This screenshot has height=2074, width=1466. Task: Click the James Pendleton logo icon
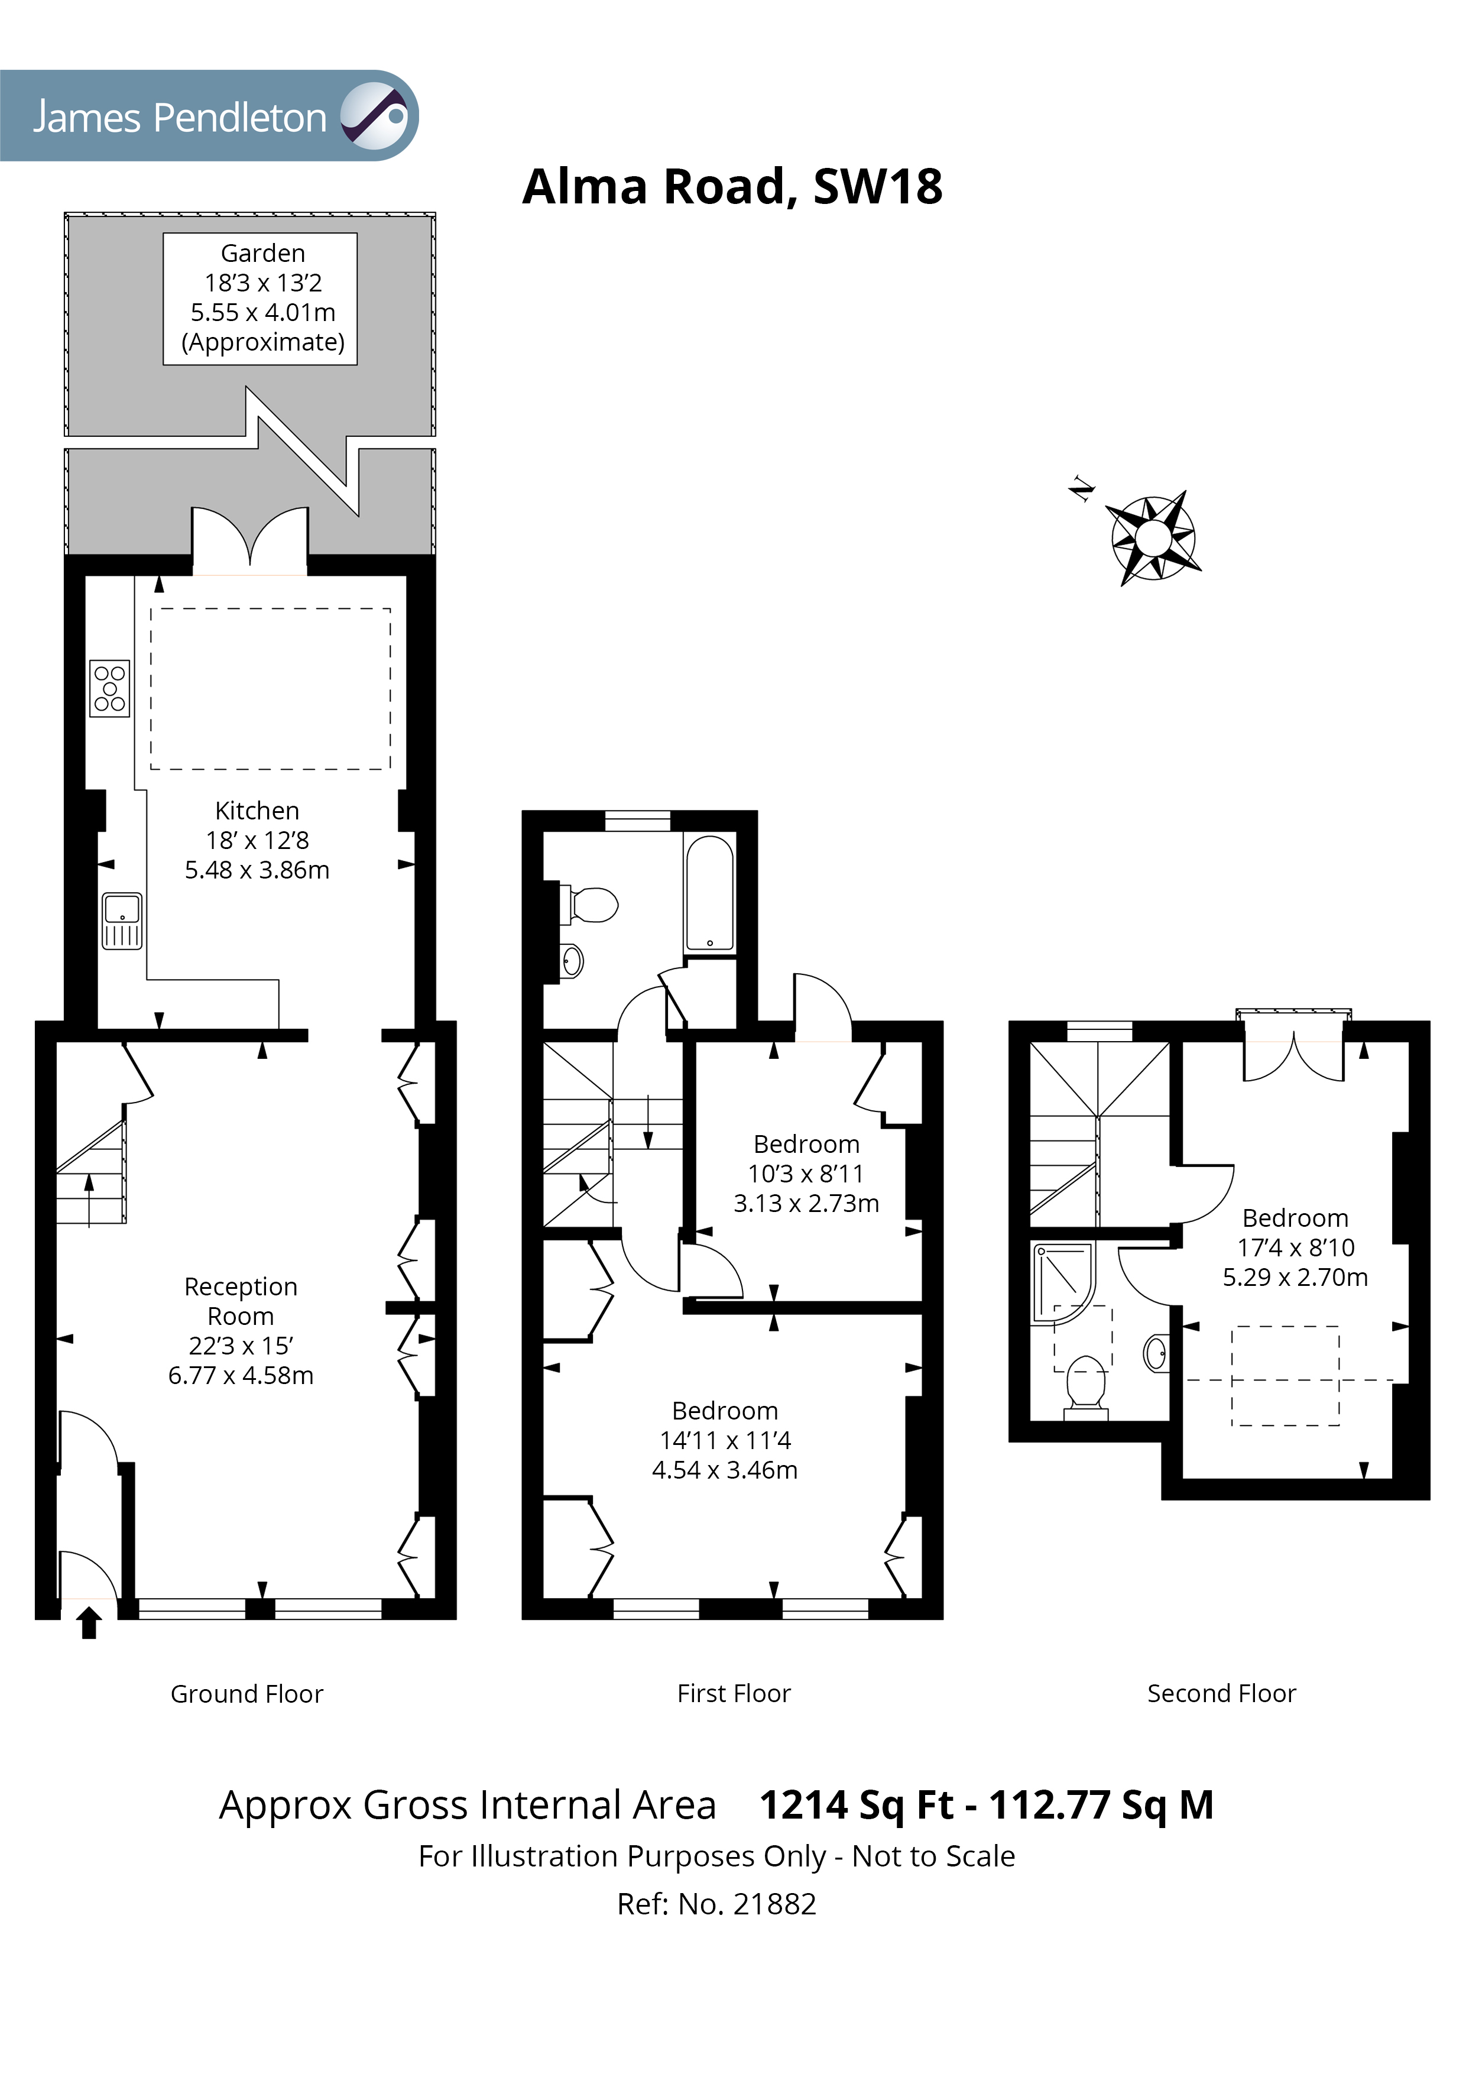click(x=373, y=116)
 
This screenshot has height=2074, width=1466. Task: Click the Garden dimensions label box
click(x=260, y=298)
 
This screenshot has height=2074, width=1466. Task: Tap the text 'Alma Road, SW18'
click(x=732, y=187)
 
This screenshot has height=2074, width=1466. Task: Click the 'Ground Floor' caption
click(x=247, y=1694)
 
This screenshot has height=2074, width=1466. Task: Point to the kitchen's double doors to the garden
click(x=249, y=543)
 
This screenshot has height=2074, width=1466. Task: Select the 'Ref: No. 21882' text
click(x=716, y=1904)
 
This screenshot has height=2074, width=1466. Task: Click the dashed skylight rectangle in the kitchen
click(x=270, y=688)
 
